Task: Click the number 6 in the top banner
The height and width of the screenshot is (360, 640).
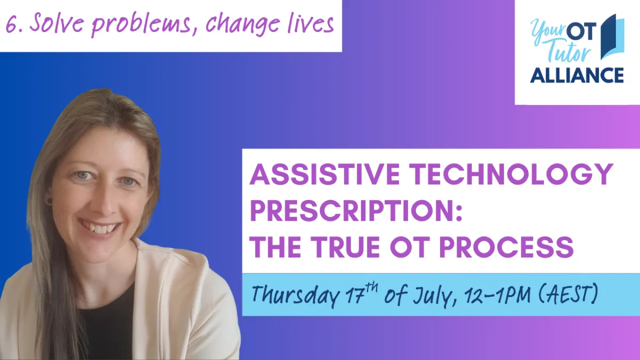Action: [11, 25]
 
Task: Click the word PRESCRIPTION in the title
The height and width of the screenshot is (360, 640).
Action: [356, 211]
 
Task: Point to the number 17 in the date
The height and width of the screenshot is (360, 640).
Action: [354, 294]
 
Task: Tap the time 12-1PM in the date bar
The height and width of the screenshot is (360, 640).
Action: [498, 294]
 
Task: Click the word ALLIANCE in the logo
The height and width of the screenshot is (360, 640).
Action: [577, 75]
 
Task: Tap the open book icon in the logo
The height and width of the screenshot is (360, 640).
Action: [612, 37]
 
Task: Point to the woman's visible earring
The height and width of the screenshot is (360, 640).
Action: [49, 201]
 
